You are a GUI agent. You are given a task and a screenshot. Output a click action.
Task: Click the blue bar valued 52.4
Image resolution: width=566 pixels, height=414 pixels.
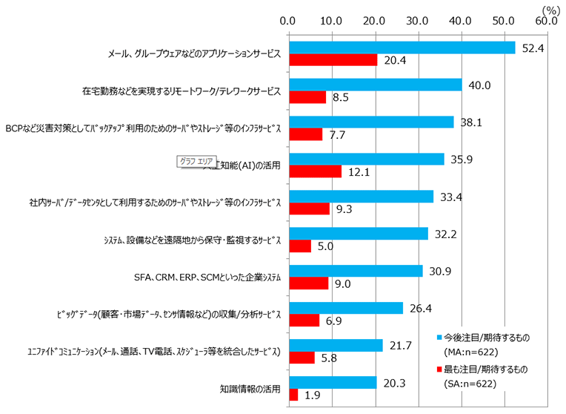[402, 47]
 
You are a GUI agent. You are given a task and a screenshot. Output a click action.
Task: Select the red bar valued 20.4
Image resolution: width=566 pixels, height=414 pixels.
[333, 59]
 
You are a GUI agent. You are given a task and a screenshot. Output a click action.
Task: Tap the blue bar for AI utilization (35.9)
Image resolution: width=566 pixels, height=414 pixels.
[366, 160]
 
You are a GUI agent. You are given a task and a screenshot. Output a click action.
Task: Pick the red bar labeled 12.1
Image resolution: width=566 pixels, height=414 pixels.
[315, 171]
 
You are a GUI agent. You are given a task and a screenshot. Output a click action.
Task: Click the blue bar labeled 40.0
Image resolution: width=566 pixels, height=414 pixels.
[375, 85]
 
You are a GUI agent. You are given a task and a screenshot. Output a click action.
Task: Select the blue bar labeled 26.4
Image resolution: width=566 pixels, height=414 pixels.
[345, 308]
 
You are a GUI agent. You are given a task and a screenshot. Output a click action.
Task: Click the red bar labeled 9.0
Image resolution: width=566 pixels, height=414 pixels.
[308, 283]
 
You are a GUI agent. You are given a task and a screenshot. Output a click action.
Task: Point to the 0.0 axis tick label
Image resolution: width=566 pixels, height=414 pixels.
[289, 22]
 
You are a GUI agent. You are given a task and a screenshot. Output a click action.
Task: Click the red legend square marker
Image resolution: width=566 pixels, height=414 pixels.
[439, 368]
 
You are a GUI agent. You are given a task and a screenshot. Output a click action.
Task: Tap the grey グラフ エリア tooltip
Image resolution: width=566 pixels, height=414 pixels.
[195, 161]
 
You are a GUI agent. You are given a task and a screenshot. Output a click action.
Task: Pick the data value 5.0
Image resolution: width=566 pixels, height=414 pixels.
[324, 246]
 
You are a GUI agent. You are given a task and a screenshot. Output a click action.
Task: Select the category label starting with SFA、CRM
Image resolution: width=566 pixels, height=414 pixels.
[207, 277]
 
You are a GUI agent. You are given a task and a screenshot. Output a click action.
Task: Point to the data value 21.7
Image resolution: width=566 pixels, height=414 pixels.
[399, 345]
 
